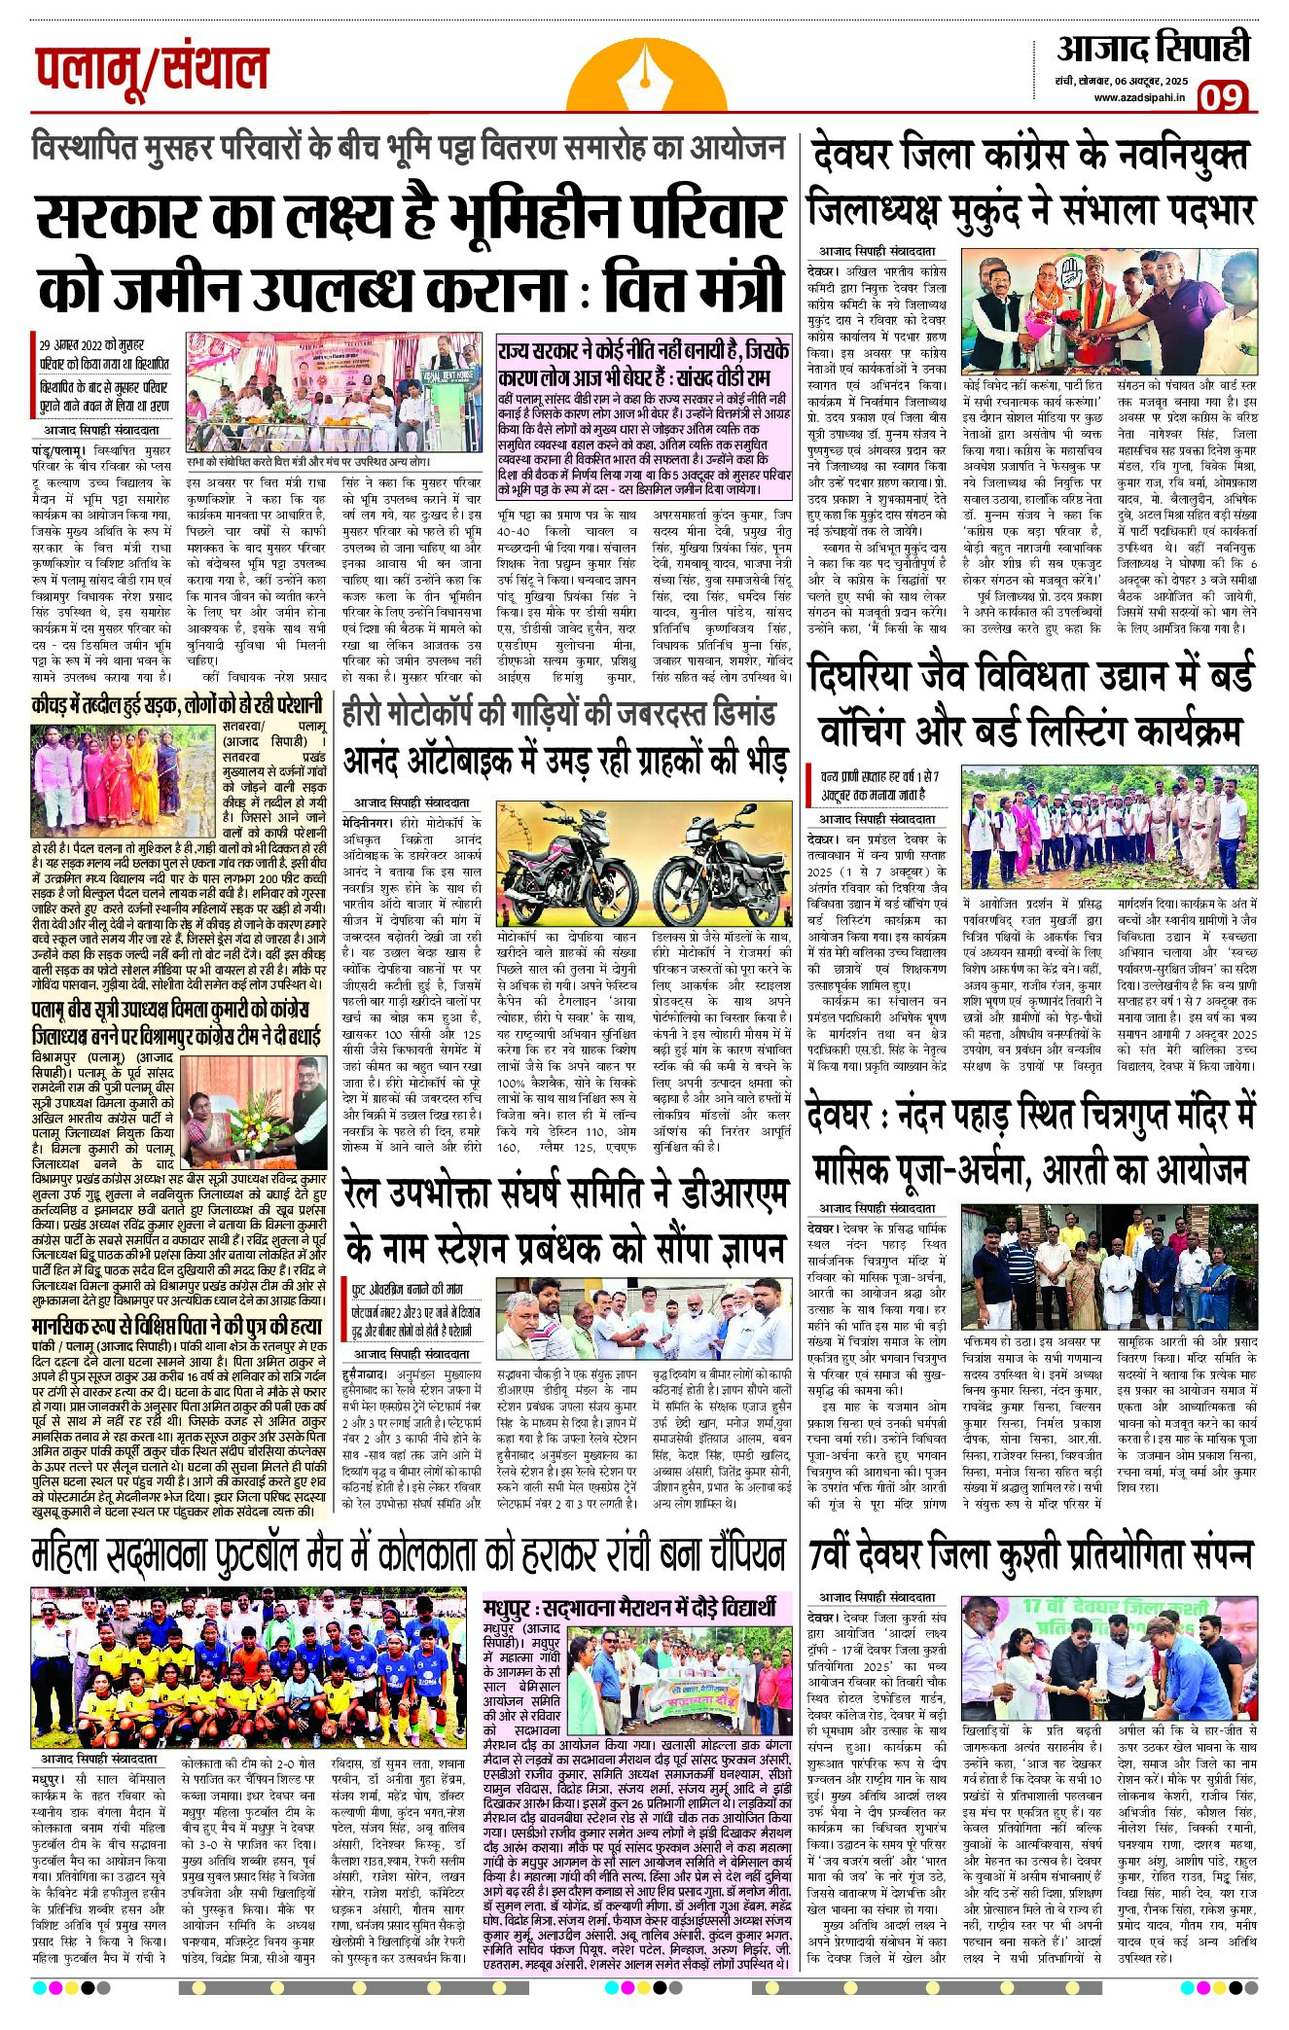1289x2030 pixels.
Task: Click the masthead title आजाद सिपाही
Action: [x=1152, y=49]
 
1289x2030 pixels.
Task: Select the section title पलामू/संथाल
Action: [x=152, y=69]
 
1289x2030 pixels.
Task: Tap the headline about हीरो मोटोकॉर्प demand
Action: [x=558, y=714]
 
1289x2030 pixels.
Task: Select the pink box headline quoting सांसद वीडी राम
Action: [x=642, y=363]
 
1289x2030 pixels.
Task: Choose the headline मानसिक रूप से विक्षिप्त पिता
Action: [x=176, y=1326]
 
